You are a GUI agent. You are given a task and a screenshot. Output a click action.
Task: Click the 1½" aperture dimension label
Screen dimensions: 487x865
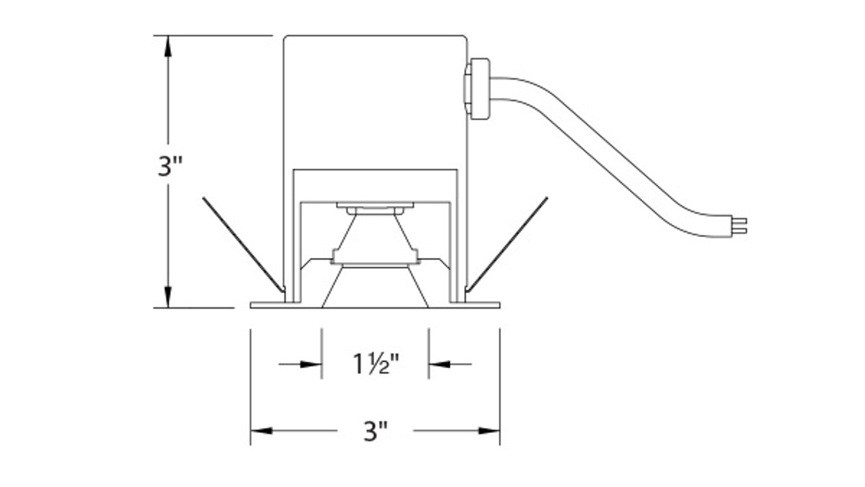click(376, 364)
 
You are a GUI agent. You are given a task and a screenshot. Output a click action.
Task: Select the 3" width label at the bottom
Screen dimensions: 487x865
click(375, 430)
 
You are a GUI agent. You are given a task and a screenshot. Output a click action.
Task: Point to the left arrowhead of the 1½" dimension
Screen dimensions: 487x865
click(312, 364)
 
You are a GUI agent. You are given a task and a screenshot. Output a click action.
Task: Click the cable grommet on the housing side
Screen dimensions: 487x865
click(478, 89)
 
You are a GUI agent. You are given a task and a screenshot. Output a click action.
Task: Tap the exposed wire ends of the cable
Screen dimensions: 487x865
click(741, 225)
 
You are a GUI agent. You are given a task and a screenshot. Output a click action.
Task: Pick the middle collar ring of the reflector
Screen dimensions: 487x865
click(374, 257)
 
